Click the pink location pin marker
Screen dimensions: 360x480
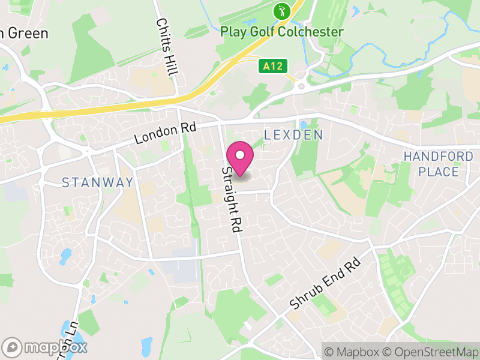(x=240, y=159)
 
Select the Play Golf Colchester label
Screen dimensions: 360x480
(x=282, y=32)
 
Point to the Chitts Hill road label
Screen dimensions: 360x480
(x=167, y=46)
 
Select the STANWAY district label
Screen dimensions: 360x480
(x=97, y=182)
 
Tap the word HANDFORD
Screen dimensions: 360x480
(x=438, y=157)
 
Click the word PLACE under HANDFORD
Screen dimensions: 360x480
(x=438, y=172)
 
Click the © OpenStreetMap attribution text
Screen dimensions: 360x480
(x=432, y=352)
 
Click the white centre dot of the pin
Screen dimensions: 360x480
(x=240, y=155)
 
